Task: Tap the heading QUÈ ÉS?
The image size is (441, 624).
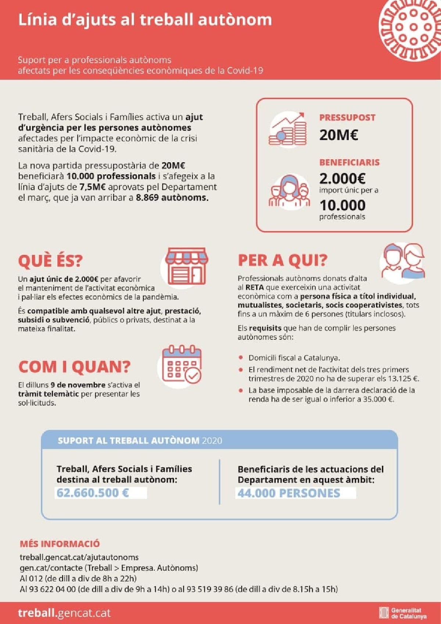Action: (50, 260)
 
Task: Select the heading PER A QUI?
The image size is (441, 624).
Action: (282, 260)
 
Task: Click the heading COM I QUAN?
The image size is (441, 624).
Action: (74, 367)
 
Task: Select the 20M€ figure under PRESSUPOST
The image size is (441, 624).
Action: (338, 135)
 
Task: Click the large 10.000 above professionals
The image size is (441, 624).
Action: (342, 205)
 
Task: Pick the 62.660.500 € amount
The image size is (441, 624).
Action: (93, 493)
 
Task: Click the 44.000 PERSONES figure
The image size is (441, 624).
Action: (289, 493)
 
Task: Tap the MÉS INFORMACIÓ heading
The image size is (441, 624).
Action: (60, 543)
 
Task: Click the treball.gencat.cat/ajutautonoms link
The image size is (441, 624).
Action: (79, 557)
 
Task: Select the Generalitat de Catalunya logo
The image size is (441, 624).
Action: (403, 613)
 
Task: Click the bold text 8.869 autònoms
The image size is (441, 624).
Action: (172, 197)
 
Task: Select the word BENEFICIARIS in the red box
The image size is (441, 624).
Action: (349, 162)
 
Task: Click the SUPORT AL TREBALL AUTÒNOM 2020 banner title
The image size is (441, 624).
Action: (140, 440)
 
